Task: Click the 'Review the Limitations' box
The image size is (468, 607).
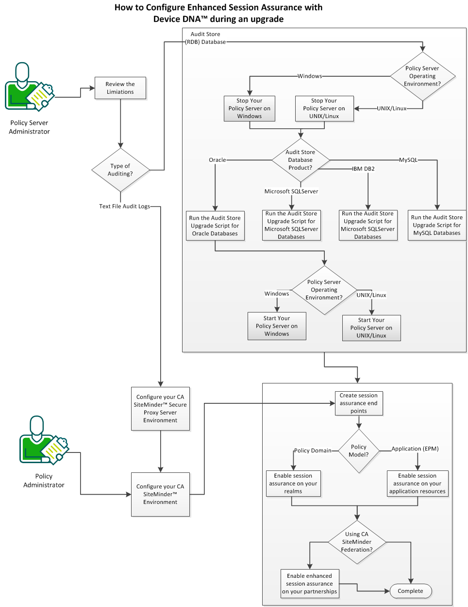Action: [x=120, y=88]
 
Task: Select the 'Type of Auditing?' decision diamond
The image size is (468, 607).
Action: [x=120, y=170]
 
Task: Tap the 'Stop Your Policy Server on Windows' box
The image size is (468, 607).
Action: [x=249, y=108]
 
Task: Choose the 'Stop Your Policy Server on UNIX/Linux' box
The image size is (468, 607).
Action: [x=324, y=108]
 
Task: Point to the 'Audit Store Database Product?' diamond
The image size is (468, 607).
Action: [x=301, y=160]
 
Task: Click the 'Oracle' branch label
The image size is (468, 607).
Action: [x=217, y=160]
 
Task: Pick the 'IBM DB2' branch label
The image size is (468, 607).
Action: [x=363, y=169]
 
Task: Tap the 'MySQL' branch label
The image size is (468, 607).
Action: [x=408, y=160]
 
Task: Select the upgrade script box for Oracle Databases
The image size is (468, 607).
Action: [x=215, y=225]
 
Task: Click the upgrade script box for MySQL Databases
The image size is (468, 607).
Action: [x=436, y=225]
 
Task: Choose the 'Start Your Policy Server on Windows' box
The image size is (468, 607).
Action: [x=276, y=326]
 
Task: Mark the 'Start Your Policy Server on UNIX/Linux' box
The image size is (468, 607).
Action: [x=371, y=328]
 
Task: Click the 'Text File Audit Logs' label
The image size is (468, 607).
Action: [x=124, y=206]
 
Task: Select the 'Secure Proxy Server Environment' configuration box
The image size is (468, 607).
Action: [x=160, y=408]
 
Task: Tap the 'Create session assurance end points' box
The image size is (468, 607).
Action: [x=358, y=403]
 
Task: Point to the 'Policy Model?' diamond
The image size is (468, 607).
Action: [x=358, y=451]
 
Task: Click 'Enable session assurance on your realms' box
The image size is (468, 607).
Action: [x=293, y=483]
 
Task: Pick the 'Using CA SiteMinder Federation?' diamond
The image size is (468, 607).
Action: [x=357, y=541]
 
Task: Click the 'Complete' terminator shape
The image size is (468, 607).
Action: [x=410, y=591]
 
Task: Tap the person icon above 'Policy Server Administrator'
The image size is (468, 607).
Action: [x=29, y=87]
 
